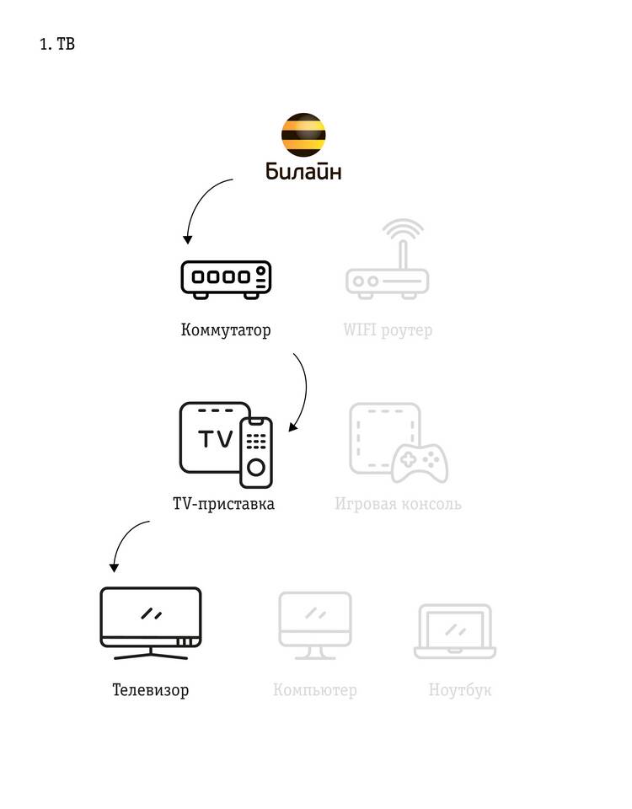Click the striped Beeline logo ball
pyautogui.click(x=303, y=134)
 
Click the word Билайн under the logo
pyautogui.click(x=303, y=172)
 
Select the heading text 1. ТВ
pyautogui.click(x=57, y=45)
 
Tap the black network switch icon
pyautogui.click(x=226, y=279)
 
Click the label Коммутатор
pyautogui.click(x=226, y=329)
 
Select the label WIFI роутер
pyautogui.click(x=388, y=329)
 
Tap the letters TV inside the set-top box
pyautogui.click(x=215, y=439)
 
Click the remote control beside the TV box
pyautogui.click(x=256, y=451)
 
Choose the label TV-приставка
pyautogui.click(x=223, y=504)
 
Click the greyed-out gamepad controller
pyautogui.click(x=421, y=462)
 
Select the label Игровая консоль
pyautogui.click(x=398, y=504)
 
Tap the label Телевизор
pyautogui.click(x=151, y=690)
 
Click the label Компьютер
pyautogui.click(x=314, y=690)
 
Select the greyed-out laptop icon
pyautogui.click(x=455, y=630)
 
